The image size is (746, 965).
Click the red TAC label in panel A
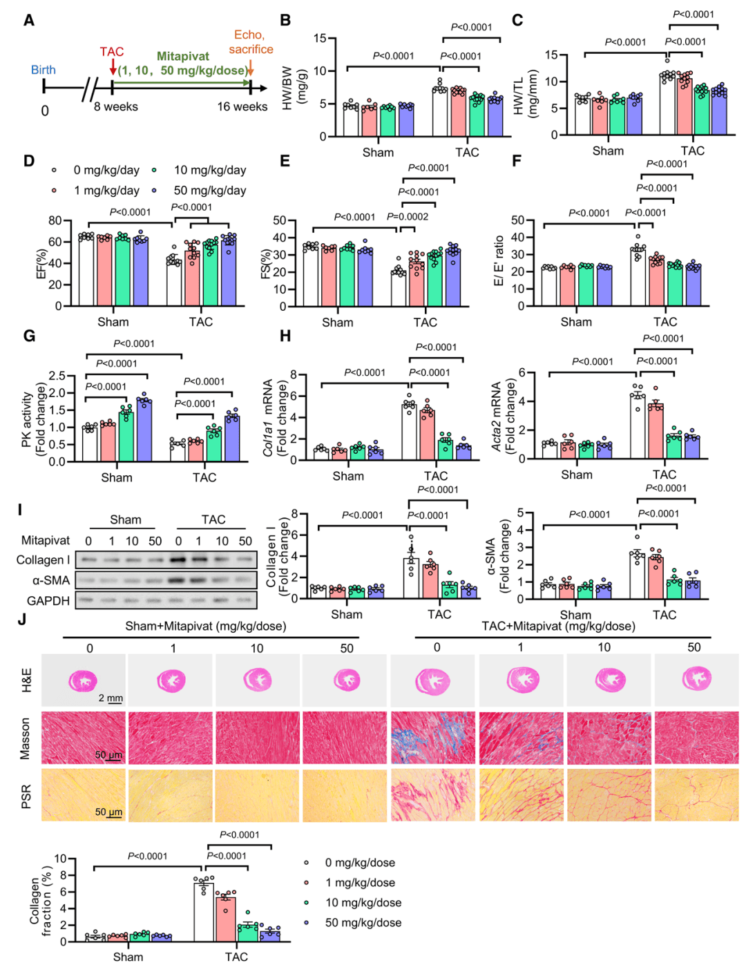[111, 52]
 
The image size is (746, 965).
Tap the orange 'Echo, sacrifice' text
[250, 42]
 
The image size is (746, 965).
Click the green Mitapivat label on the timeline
[183, 57]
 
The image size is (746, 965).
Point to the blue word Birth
[43, 70]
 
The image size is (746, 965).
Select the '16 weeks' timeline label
[242, 106]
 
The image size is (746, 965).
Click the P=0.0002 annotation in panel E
[408, 217]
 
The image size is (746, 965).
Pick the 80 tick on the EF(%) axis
[55, 221]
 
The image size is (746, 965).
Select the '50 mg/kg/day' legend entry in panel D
[209, 191]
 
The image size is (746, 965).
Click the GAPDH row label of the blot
[48, 601]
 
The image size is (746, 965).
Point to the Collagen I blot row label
[43, 560]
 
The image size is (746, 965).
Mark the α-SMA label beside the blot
[50, 580]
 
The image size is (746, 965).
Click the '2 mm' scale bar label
[111, 698]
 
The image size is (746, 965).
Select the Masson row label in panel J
[26, 738]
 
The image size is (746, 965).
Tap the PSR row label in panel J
[26, 796]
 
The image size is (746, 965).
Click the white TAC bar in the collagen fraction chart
[204, 912]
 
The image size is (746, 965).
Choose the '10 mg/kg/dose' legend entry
[363, 903]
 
